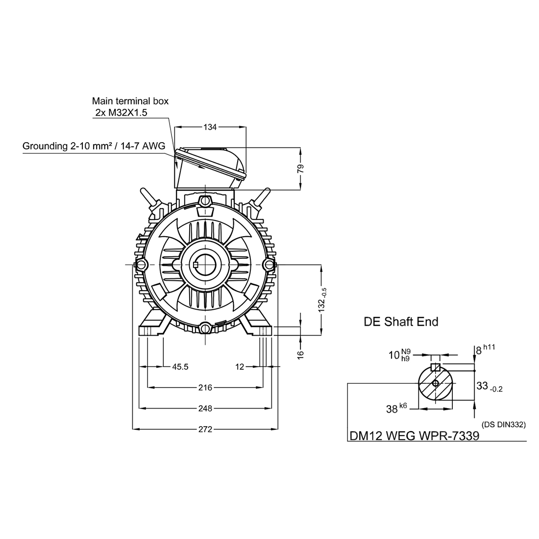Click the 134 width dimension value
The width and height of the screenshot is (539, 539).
pyautogui.click(x=210, y=127)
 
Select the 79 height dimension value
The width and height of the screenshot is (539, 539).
pyautogui.click(x=301, y=168)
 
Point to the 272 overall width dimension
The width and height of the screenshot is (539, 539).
pyautogui.click(x=205, y=429)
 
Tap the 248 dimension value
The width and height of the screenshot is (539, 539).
pyautogui.click(x=205, y=408)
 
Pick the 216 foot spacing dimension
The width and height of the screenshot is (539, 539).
pyautogui.click(x=205, y=388)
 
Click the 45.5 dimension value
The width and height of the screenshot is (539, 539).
pyautogui.click(x=180, y=367)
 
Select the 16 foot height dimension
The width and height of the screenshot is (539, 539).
pyautogui.click(x=301, y=353)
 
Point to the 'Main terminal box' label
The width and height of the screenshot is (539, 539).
pyautogui.click(x=130, y=101)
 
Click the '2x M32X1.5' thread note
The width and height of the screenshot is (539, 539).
pyautogui.click(x=122, y=113)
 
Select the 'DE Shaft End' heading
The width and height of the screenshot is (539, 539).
pyautogui.click(x=401, y=322)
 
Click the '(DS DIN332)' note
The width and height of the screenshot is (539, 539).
pyautogui.click(x=504, y=424)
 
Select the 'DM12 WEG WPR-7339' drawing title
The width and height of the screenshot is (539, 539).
pyautogui.click(x=414, y=436)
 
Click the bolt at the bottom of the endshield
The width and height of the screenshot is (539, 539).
pyautogui.click(x=205, y=328)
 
